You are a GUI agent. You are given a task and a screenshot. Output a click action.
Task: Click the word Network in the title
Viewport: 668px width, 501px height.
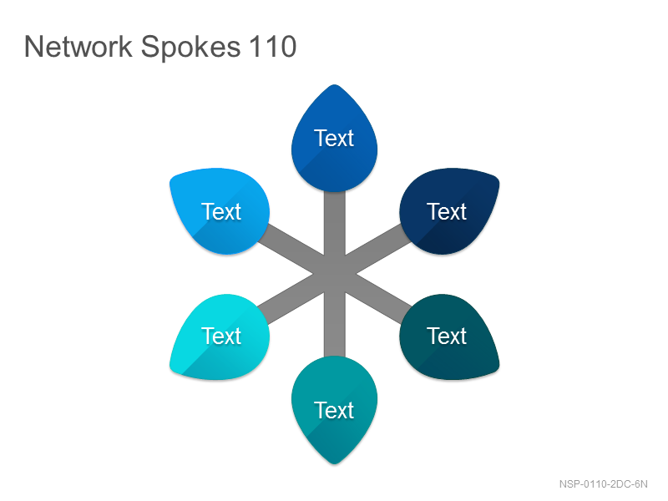click(x=78, y=47)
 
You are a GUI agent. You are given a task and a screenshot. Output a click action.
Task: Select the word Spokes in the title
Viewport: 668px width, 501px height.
click(x=190, y=48)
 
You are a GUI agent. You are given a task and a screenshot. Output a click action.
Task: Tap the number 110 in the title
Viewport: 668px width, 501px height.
click(x=273, y=47)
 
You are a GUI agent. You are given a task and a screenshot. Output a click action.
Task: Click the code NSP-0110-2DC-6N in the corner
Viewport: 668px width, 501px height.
click(x=603, y=484)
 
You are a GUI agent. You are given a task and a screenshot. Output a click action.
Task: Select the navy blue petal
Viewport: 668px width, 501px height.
click(x=448, y=211)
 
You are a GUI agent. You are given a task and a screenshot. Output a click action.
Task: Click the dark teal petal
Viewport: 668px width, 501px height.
click(x=448, y=337)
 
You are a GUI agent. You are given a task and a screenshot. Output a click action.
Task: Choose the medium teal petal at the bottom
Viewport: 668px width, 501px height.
click(x=335, y=410)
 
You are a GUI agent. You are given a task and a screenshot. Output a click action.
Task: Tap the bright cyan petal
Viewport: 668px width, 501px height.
click(x=220, y=337)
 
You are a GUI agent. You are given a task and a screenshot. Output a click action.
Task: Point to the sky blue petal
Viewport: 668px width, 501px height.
click(x=220, y=211)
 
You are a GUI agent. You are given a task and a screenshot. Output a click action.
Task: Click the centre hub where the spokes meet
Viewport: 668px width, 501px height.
click(x=335, y=274)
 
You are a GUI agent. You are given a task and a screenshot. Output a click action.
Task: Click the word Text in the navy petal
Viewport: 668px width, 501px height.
click(x=447, y=211)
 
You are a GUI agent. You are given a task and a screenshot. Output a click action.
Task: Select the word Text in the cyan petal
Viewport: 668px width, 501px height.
click(x=221, y=336)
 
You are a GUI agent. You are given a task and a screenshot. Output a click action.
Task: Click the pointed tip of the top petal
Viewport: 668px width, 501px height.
click(x=335, y=85)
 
